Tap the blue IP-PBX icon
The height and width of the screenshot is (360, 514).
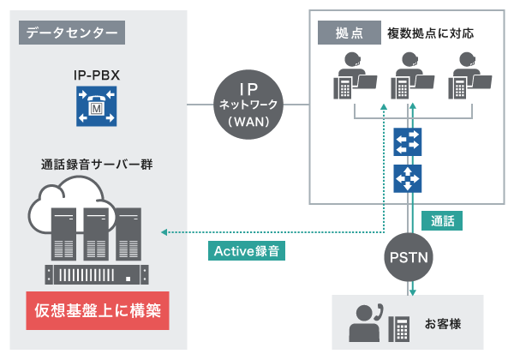tap(96, 108)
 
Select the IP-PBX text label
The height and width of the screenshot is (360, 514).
tap(96, 76)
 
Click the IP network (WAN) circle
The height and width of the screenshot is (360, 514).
tap(248, 101)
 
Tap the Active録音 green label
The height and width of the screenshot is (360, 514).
tap(246, 252)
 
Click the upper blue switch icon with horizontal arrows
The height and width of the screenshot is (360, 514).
tap(407, 141)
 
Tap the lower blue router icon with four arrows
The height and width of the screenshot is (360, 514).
tap(407, 178)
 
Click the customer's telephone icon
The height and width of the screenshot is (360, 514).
tap(399, 327)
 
